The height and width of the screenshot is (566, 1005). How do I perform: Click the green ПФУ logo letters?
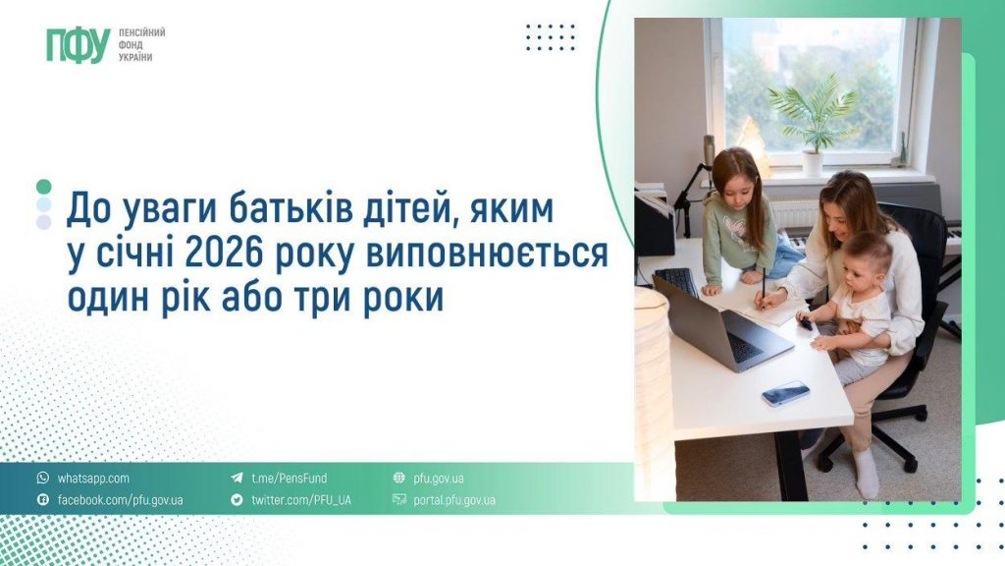[78, 45]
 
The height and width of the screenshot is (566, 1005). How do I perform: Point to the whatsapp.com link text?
[93, 479]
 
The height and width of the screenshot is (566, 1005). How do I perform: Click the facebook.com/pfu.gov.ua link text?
[120, 500]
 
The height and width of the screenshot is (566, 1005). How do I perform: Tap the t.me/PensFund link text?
[289, 479]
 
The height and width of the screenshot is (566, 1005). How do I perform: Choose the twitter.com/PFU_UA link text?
[300, 500]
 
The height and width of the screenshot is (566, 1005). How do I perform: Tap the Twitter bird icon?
[237, 500]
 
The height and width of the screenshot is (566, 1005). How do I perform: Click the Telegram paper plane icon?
[237, 479]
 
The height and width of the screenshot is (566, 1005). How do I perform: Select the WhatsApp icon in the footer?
[42, 479]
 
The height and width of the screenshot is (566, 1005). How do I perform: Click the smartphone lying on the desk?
[786, 392]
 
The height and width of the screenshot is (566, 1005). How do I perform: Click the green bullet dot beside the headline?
[43, 186]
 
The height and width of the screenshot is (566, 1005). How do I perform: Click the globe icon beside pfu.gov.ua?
[398, 479]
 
